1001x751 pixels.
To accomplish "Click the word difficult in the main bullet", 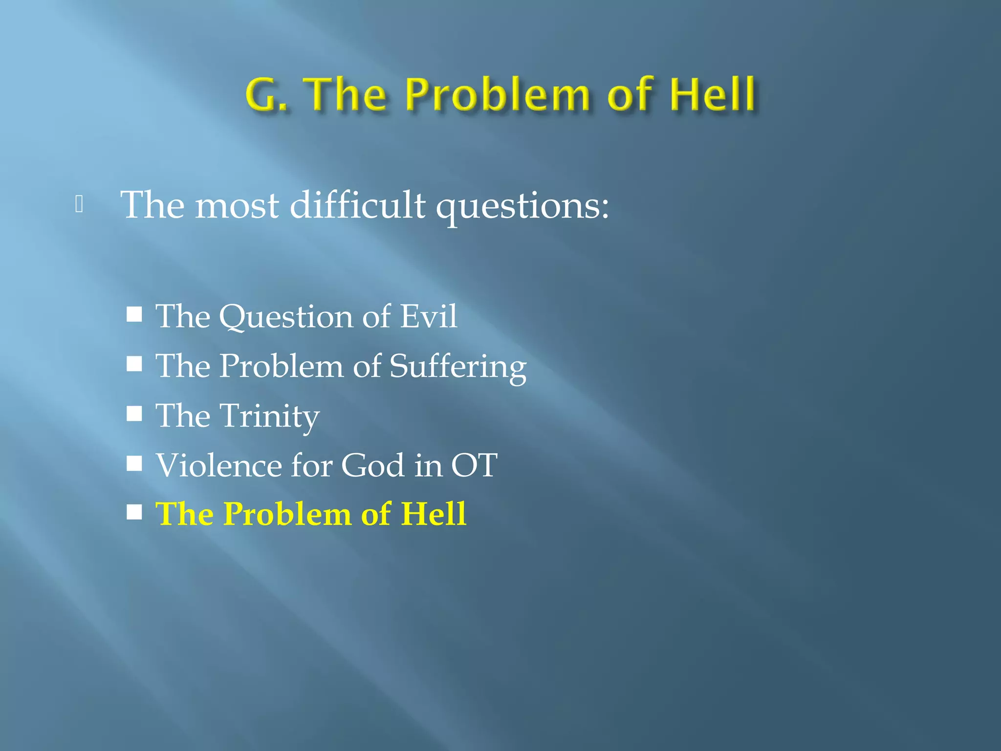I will pyautogui.click(x=357, y=205).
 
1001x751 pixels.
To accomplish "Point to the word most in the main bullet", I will pyautogui.click(x=237, y=205).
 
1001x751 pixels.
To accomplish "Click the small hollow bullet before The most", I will pyautogui.click(x=79, y=204).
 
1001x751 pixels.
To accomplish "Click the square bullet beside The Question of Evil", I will pyautogui.click(x=134, y=314).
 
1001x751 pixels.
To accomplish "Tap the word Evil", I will pyautogui.click(x=429, y=316).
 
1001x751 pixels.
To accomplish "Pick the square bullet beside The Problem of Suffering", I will pyautogui.click(x=134, y=364).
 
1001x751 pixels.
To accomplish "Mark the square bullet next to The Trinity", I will pyautogui.click(x=134, y=414).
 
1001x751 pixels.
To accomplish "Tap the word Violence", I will pyautogui.click(x=218, y=465).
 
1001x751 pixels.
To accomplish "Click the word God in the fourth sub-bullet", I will pyautogui.click(x=372, y=465).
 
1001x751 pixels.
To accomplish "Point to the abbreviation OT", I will pyautogui.click(x=474, y=465).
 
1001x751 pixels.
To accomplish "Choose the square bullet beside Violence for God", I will pyautogui.click(x=134, y=463).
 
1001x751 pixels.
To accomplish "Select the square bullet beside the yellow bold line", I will pyautogui.click(x=134, y=512).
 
